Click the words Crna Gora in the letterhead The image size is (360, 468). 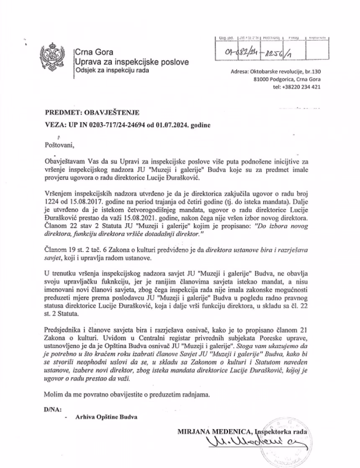pyautogui.click(x=92, y=53)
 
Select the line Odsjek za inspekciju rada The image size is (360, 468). pyautogui.click(x=113, y=70)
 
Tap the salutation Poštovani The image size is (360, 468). pyautogui.click(x=59, y=145)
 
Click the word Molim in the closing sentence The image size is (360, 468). pyautogui.click(x=52, y=394)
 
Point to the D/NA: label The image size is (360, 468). pyautogui.click(x=52, y=408)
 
